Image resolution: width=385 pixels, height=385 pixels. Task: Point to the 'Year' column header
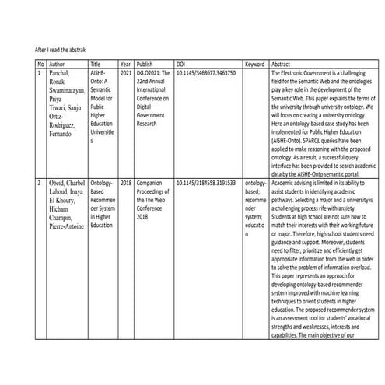[x=126, y=64]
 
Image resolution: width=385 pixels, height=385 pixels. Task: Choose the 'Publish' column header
[x=145, y=64]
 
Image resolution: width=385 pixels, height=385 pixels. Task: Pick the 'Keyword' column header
[x=255, y=64]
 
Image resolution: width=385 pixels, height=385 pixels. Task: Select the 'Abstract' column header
[x=282, y=64]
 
